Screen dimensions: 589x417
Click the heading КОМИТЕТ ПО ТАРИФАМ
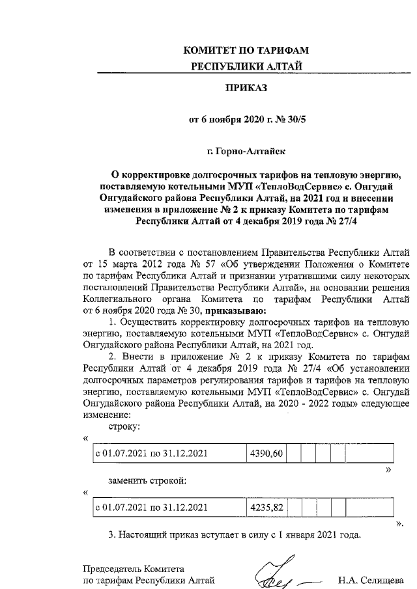click(246, 51)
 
